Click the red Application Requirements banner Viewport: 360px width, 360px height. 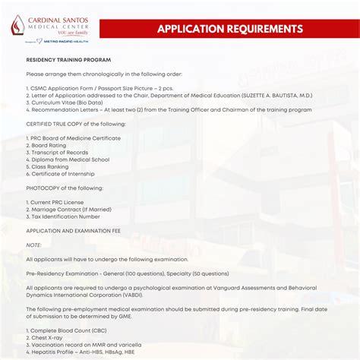pos(230,29)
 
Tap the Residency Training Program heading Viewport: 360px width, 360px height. pos(68,59)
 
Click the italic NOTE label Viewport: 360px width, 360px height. pos(34,245)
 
